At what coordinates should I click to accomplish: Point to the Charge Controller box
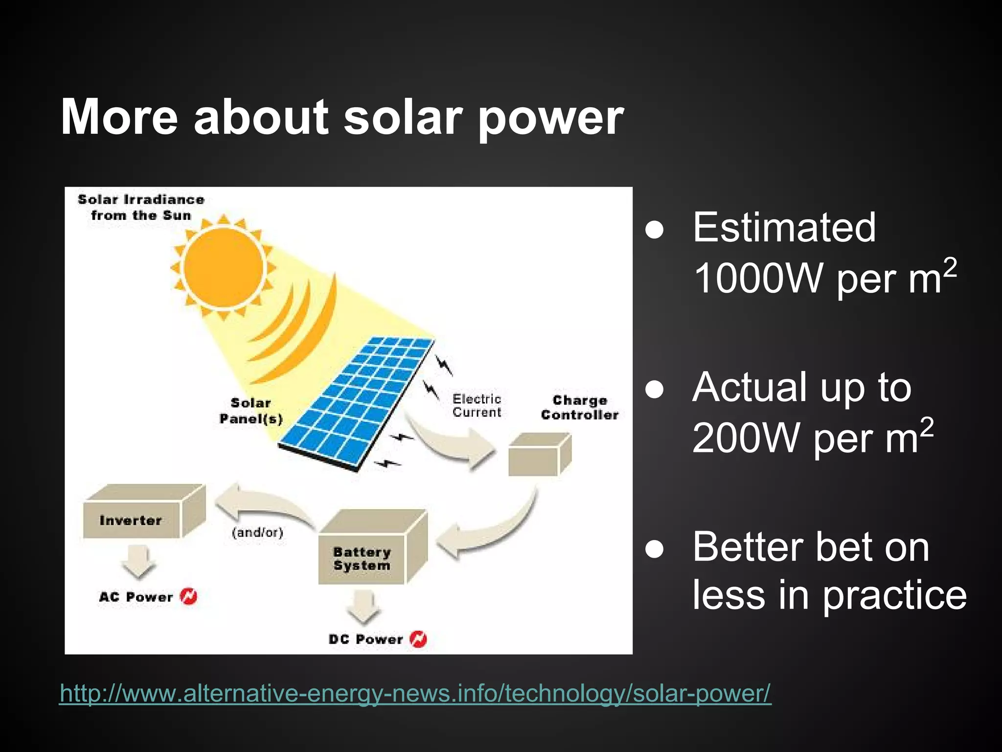click(x=538, y=455)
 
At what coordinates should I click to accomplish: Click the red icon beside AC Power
click(x=189, y=596)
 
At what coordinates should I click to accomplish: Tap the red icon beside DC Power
click(x=418, y=639)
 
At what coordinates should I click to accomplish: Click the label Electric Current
click(x=477, y=405)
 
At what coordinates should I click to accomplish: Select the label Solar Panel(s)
click(x=250, y=411)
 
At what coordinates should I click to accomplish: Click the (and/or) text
click(x=257, y=532)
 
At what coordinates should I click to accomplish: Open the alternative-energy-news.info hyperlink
click(x=415, y=693)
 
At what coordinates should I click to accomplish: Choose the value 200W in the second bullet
click(x=749, y=438)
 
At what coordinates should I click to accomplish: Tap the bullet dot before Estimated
click(x=654, y=230)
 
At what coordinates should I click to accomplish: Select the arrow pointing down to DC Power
click(x=363, y=607)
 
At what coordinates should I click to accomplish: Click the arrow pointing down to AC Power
click(x=139, y=563)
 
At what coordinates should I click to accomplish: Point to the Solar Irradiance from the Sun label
click(x=141, y=207)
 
